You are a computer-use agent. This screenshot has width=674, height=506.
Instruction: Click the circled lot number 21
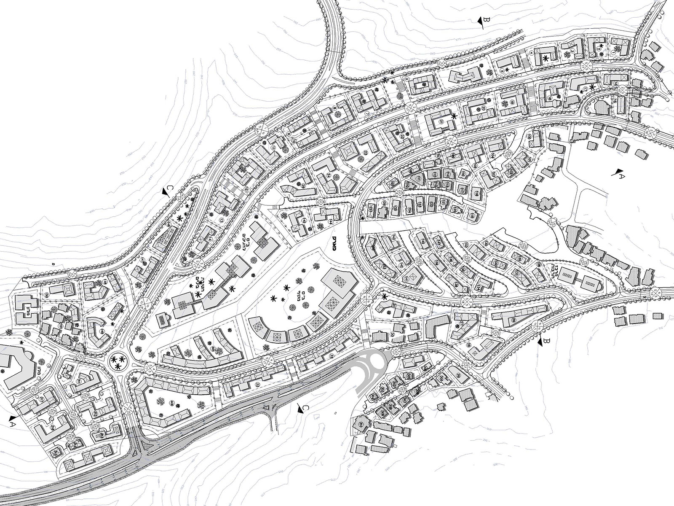[x=441, y=122]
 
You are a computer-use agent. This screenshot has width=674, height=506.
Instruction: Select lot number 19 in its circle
[x=513, y=103]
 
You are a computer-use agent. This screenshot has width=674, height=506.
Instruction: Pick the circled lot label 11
[x=273, y=148]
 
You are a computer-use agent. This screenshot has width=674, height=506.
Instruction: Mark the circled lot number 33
[x=257, y=384]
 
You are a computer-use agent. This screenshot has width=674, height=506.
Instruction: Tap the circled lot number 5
[x=502, y=70]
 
